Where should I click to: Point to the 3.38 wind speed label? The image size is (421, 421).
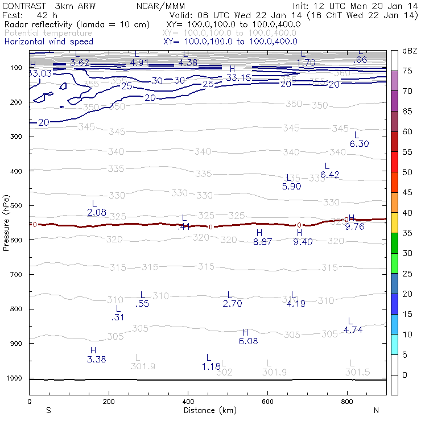96,359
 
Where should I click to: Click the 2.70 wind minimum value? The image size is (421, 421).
232,304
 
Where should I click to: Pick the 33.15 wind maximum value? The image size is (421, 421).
238,77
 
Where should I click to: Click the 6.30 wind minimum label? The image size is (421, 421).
359,144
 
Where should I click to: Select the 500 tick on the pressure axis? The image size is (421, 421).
18,205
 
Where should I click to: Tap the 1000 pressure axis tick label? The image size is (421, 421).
15,378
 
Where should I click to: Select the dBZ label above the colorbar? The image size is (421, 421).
410,51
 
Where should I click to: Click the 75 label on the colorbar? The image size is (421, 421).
407,71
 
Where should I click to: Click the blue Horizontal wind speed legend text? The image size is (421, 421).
48,42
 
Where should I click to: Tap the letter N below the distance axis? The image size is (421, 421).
375,410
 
